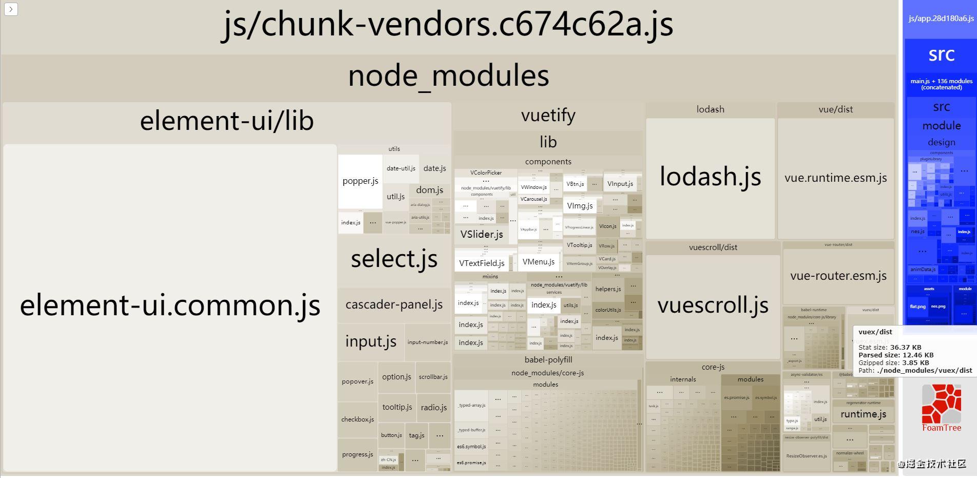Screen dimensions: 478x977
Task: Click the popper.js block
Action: click(x=360, y=181)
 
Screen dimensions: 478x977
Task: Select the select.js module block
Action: click(x=394, y=259)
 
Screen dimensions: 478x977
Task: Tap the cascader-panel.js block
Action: click(x=394, y=304)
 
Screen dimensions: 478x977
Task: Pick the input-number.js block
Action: click(x=427, y=342)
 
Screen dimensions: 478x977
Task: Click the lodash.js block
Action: click(x=710, y=177)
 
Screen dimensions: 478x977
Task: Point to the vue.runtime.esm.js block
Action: click(x=835, y=178)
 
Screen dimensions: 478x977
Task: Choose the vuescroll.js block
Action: click(x=713, y=305)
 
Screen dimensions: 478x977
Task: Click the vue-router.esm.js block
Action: click(x=838, y=276)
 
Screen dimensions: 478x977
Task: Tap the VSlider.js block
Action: click(x=482, y=235)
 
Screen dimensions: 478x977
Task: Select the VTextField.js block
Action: click(x=482, y=263)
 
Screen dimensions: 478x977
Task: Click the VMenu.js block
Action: click(x=538, y=262)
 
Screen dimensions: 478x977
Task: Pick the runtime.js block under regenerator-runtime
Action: click(x=863, y=414)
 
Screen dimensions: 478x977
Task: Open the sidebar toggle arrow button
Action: click(x=11, y=9)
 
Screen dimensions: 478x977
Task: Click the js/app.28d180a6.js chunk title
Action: click(x=941, y=18)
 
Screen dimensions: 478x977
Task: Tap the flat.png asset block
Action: click(x=917, y=307)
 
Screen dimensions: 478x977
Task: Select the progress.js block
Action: click(x=357, y=454)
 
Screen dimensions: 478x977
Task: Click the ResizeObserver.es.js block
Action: click(x=806, y=456)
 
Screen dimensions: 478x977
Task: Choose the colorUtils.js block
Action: click(x=608, y=310)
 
